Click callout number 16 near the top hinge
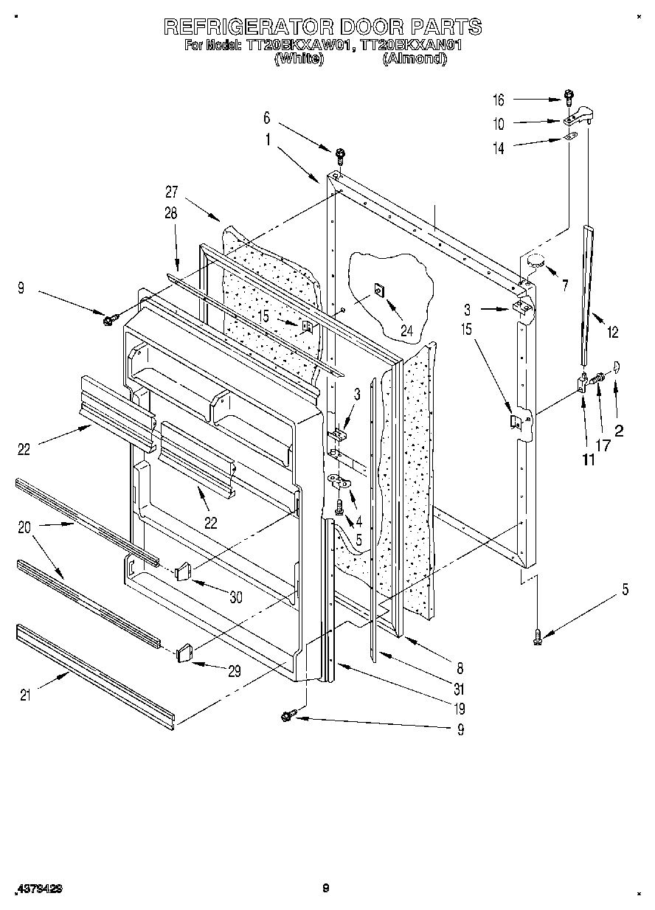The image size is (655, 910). pos(499,100)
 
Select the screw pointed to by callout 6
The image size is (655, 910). pos(341,155)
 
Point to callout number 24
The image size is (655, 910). pos(406,331)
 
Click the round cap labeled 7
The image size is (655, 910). pos(536,259)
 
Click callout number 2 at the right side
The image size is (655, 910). pos(619,431)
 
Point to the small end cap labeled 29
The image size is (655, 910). pos(184,652)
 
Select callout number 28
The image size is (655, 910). pos(171,215)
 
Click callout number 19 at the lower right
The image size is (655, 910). pos(460,709)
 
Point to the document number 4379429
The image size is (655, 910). pos(38,889)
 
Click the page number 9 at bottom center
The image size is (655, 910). pos(325,889)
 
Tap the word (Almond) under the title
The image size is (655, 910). pos(415,58)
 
